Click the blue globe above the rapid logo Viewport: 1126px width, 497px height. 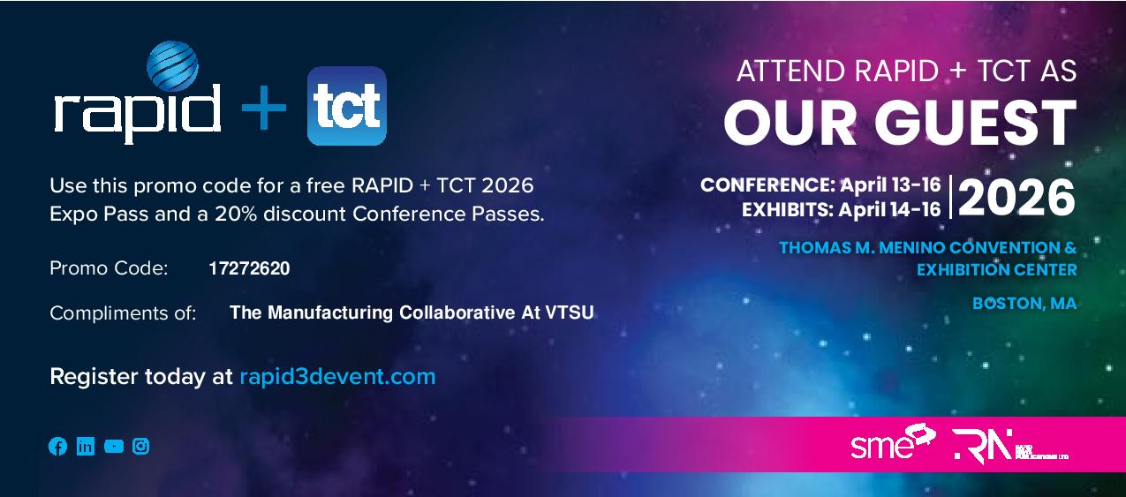coord(171,66)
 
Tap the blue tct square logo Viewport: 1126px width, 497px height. coord(346,106)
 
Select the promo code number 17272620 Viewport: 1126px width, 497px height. coord(249,268)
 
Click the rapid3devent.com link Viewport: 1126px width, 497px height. coord(337,377)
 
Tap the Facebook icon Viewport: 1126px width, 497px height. coord(57,447)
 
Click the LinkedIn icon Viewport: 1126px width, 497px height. coord(86,447)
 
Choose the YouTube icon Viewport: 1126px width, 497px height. coord(114,447)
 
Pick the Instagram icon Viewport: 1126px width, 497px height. coord(141,447)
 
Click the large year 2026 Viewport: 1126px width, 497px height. coord(1016,198)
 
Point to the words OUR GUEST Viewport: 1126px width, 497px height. coord(899,123)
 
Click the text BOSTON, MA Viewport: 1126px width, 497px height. coord(1024,304)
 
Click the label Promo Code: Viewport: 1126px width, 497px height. coord(109,268)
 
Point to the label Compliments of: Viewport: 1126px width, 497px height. coord(123,313)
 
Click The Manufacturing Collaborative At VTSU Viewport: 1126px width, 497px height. coord(412,313)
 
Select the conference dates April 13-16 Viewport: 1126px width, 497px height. coord(889,186)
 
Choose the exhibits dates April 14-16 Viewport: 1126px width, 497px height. coord(889,210)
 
